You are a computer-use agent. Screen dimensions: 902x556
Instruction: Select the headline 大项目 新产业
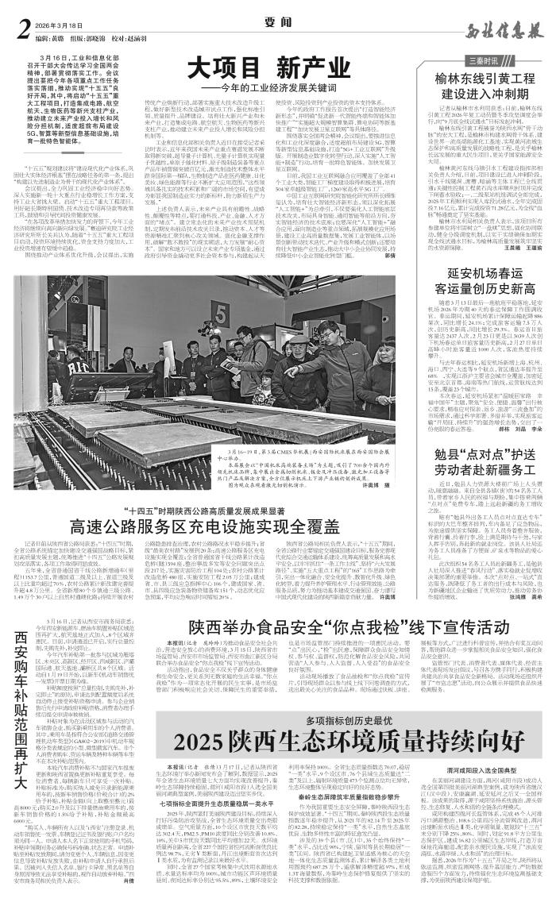click(258, 67)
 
